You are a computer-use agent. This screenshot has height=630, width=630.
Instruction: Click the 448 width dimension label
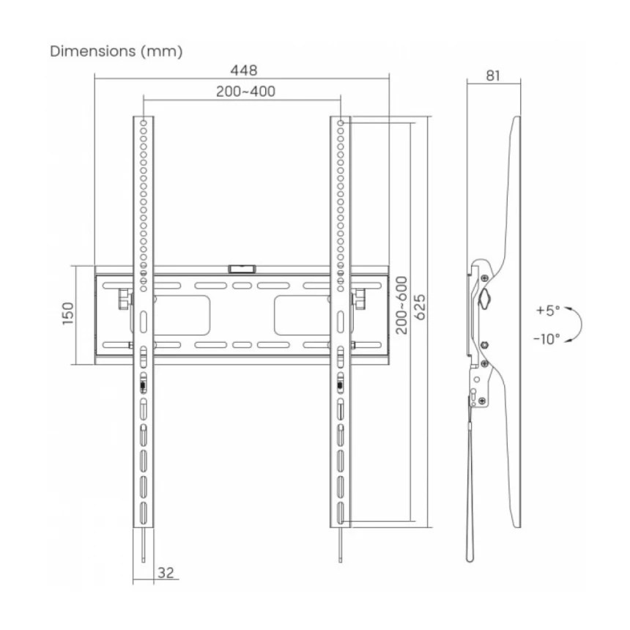[x=243, y=70]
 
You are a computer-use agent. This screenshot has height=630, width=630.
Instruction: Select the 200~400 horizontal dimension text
[x=245, y=92]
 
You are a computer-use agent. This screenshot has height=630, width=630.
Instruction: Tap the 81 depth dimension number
[x=493, y=75]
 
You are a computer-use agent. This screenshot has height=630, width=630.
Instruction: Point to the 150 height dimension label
[x=68, y=314]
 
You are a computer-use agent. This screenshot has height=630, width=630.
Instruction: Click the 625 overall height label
[x=420, y=308]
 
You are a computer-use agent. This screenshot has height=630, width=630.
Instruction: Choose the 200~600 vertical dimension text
[x=401, y=305]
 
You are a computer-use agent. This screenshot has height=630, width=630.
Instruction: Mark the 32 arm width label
[x=166, y=573]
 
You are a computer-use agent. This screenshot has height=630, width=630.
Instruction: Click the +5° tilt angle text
[x=548, y=311]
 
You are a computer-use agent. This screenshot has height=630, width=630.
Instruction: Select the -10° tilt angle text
[x=546, y=339]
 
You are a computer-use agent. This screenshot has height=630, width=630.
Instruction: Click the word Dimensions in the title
[x=93, y=51]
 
